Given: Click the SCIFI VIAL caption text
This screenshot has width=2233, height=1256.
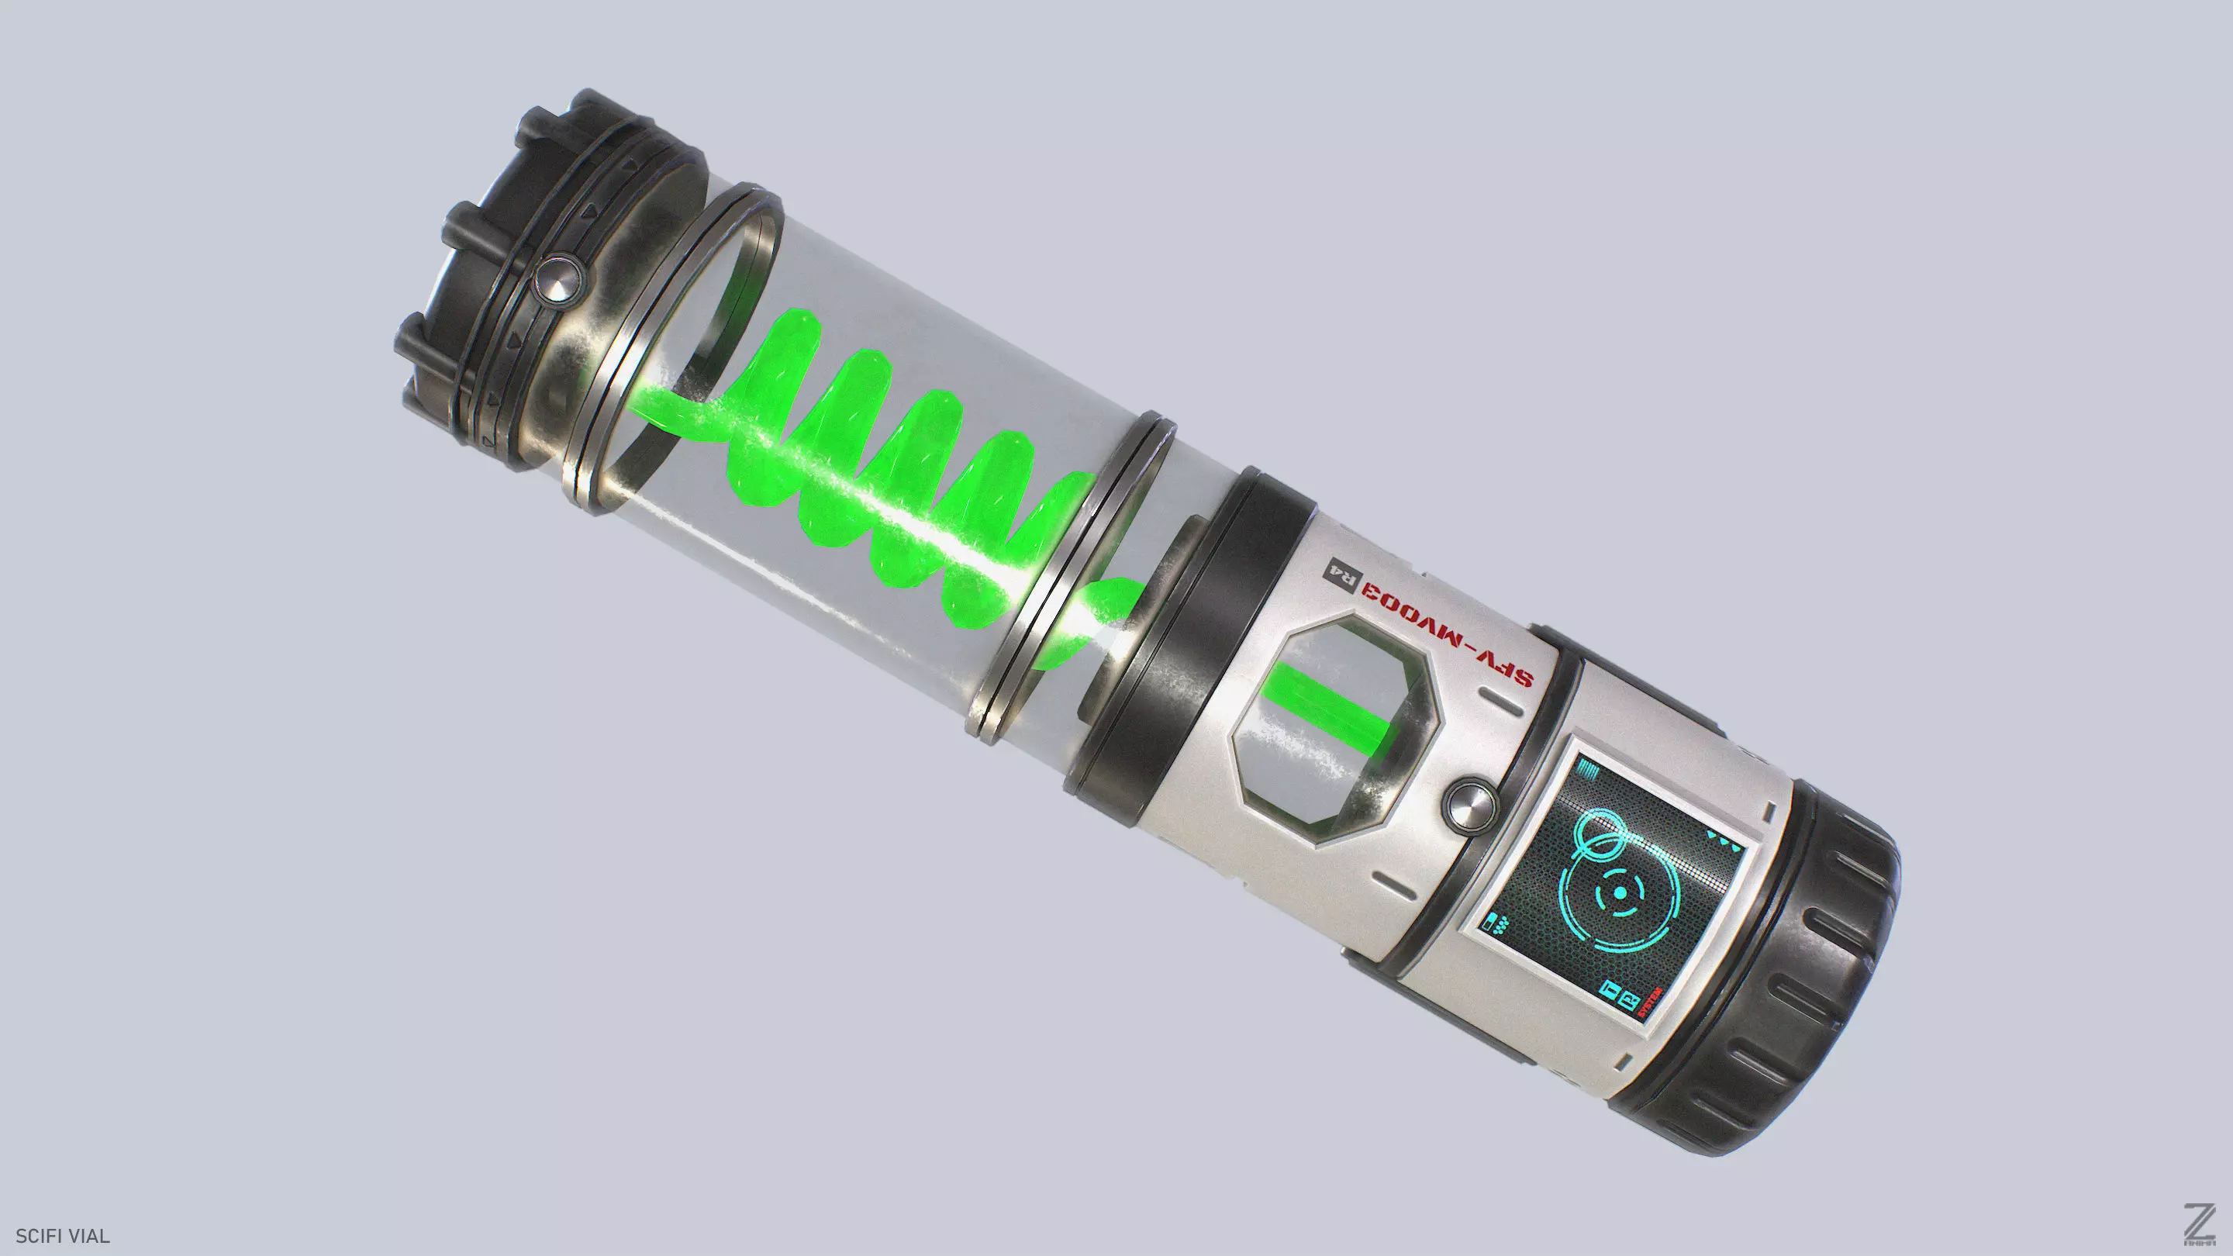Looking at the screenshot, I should [x=62, y=1236].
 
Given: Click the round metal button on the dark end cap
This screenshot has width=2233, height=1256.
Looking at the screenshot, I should [x=556, y=278].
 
